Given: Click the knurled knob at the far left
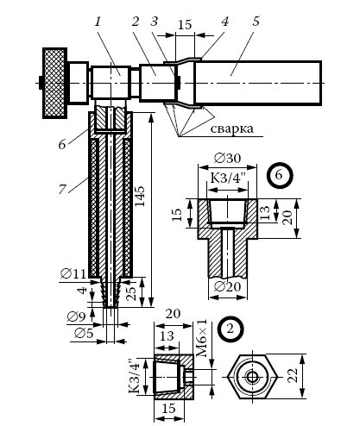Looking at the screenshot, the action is point(54,83).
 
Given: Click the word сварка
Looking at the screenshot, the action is point(232,128).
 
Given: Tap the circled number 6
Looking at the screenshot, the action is point(279,175).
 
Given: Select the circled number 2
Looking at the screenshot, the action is point(231,329).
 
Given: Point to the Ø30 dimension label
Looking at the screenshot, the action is point(227,158).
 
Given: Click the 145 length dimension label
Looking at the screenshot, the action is point(140,196).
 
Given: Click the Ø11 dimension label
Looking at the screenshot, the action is point(73,273).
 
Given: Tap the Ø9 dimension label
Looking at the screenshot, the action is point(77,316).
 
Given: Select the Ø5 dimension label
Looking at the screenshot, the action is point(84,333).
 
